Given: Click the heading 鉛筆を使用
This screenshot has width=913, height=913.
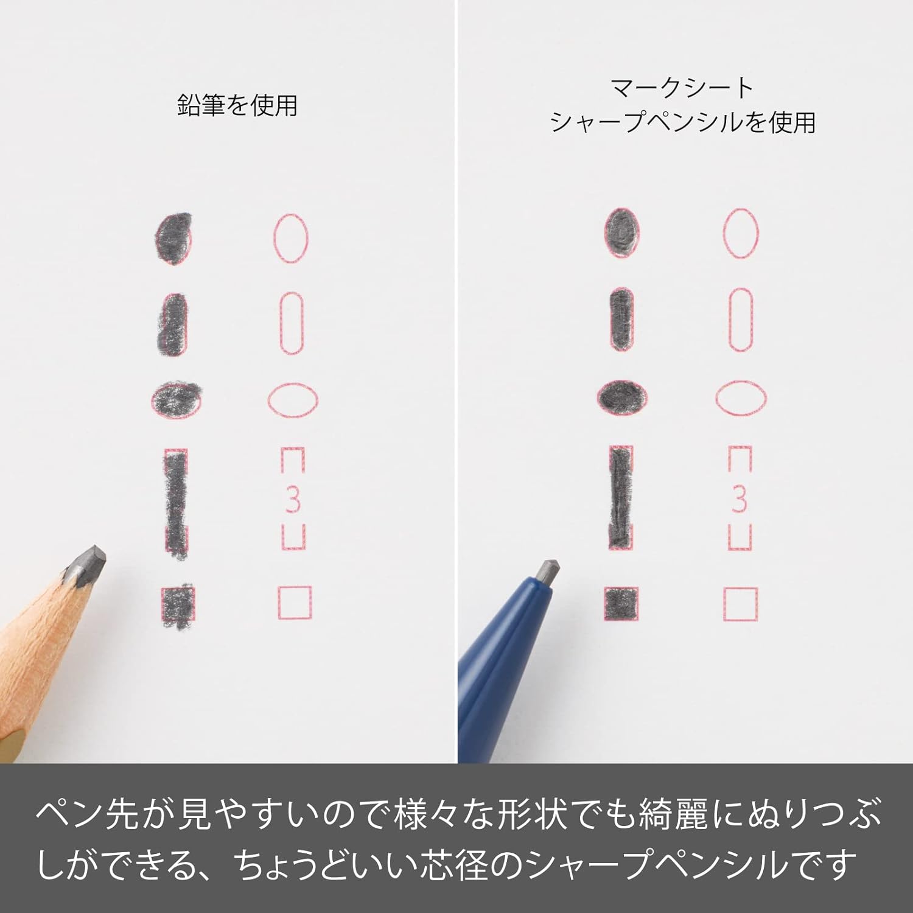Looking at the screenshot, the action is click(237, 105).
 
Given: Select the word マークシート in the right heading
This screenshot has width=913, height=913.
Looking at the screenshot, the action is click(682, 89).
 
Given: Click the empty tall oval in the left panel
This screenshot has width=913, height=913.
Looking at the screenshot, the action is click(274, 238).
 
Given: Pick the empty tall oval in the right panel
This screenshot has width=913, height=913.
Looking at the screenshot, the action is click(724, 233).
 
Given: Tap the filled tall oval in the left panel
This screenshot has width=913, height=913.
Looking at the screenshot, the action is click(173, 238).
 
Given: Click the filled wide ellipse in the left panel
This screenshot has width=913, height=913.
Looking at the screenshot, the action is click(175, 399).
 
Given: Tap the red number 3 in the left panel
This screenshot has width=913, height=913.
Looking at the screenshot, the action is click(293, 500).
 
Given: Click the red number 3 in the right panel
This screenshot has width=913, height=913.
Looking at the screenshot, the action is click(740, 499).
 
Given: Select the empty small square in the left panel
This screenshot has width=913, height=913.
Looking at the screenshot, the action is click(279, 603).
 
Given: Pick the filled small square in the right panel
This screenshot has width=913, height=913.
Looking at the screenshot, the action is click(621, 604).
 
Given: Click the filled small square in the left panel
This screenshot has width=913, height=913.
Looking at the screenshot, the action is click(177, 606).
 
